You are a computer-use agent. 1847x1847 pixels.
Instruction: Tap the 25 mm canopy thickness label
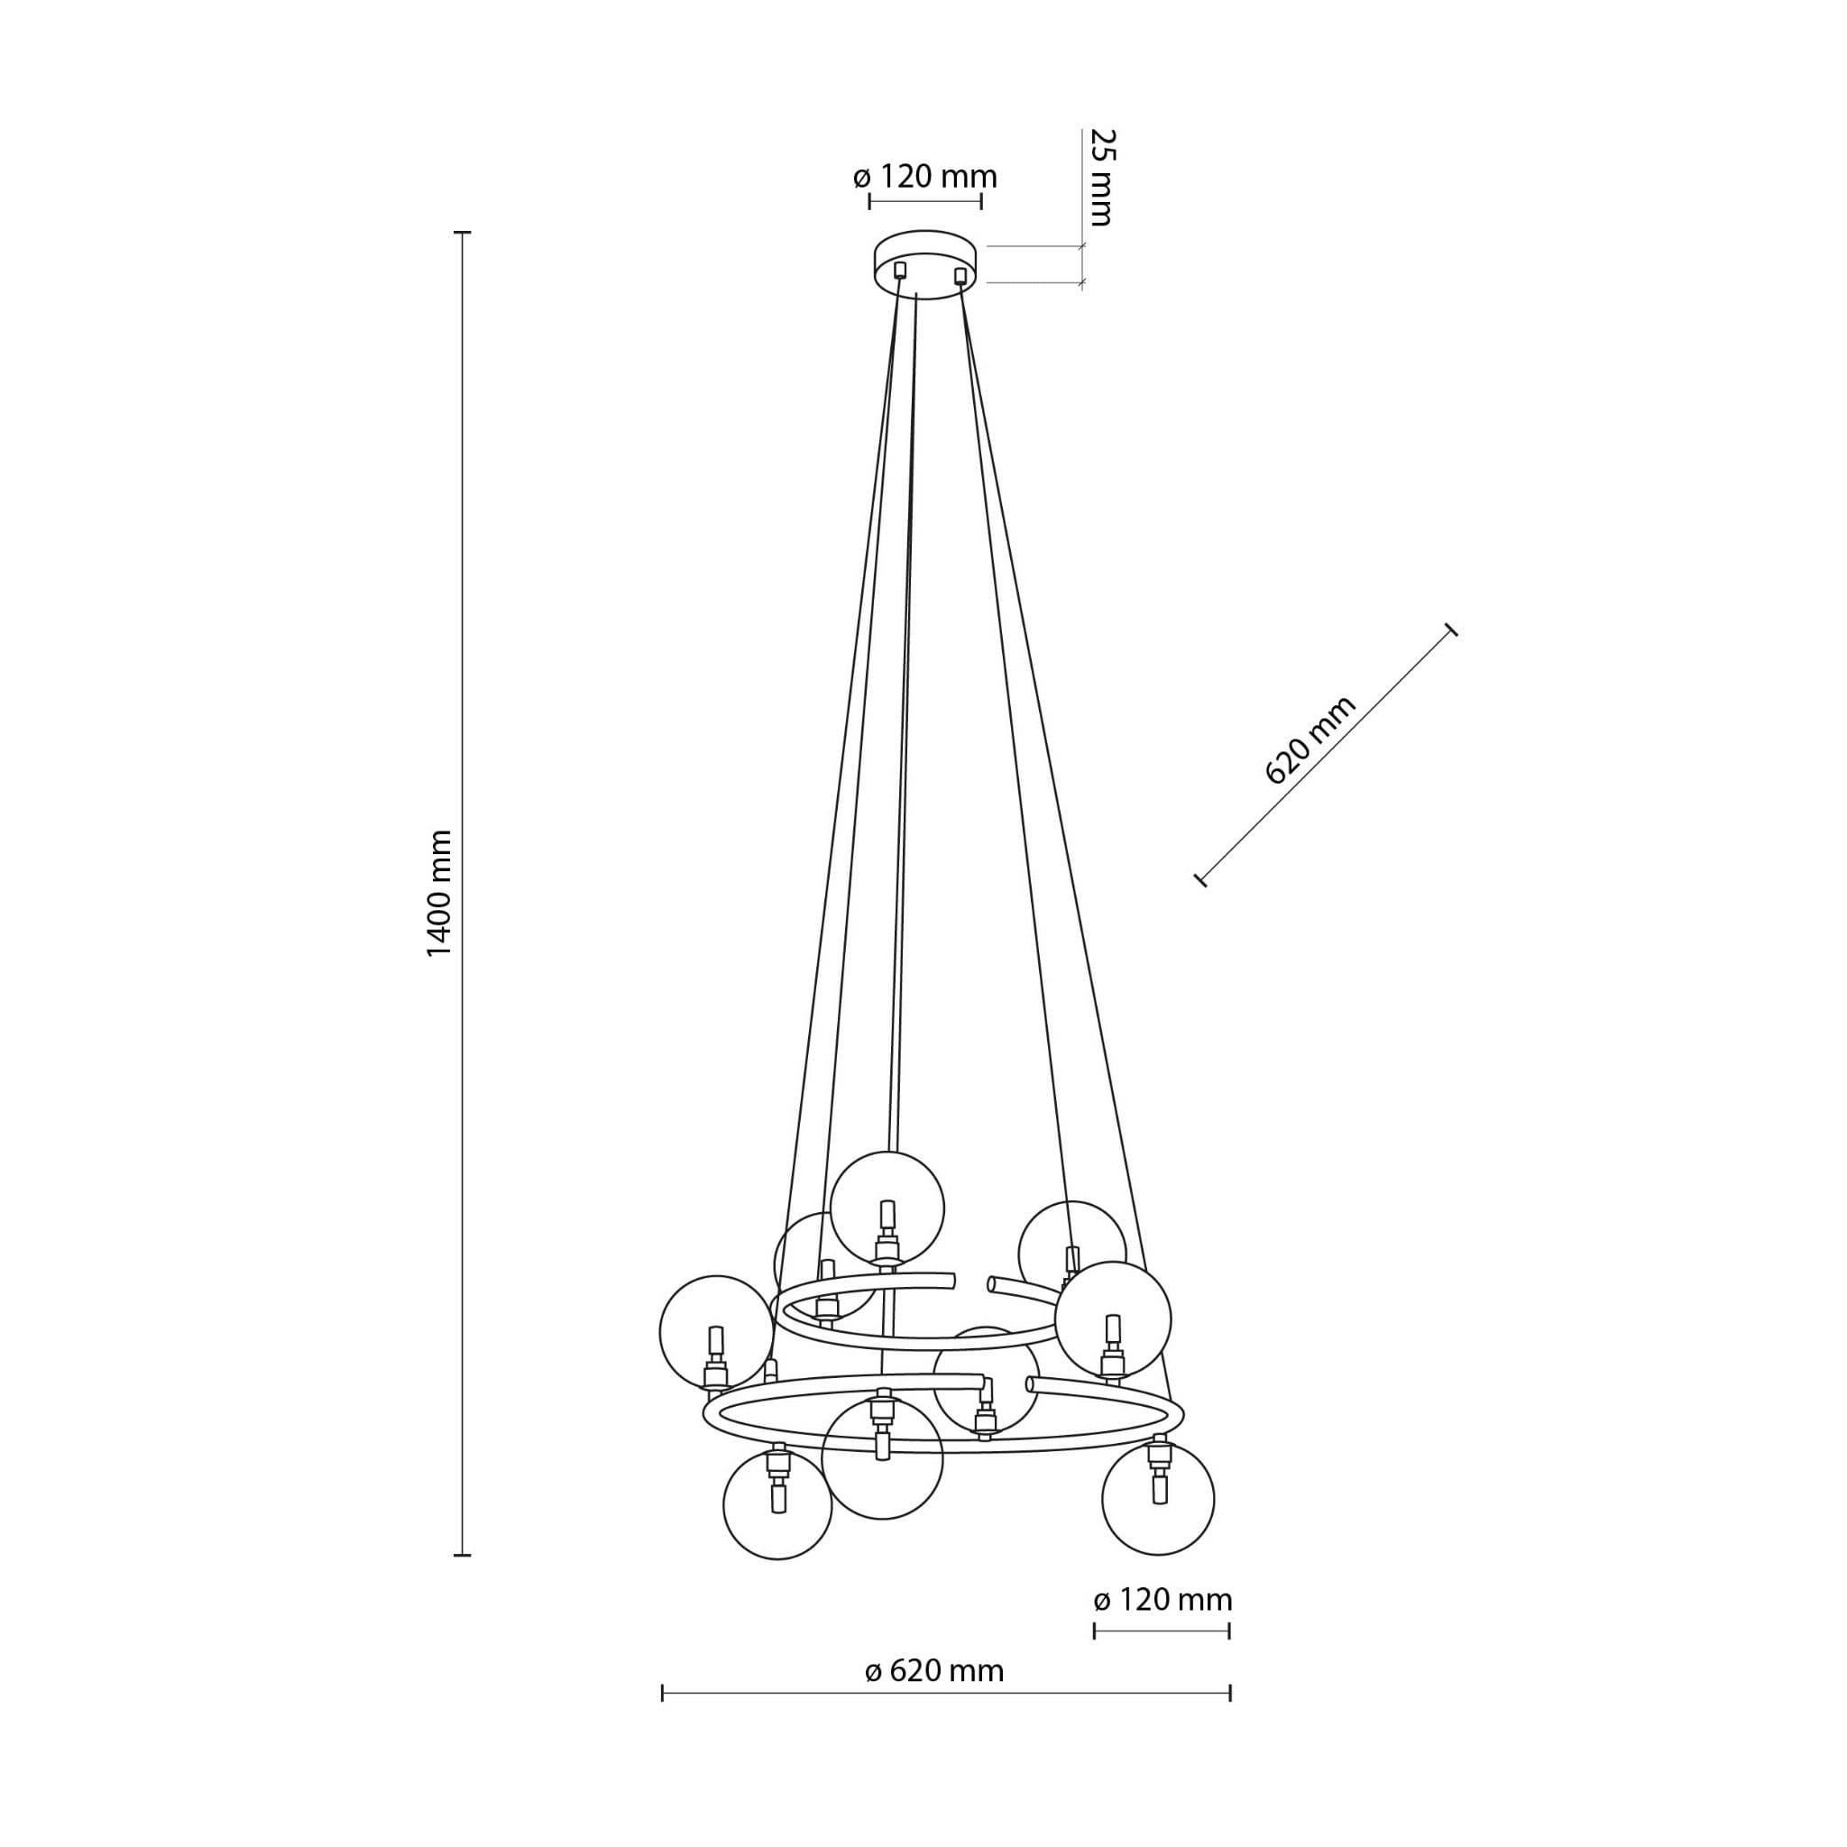tap(1102, 177)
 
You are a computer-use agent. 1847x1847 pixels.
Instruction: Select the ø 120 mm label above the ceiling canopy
tap(924, 177)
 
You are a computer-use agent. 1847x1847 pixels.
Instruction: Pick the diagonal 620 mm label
tap(1309, 740)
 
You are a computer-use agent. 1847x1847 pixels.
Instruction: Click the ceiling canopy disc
tap(927, 264)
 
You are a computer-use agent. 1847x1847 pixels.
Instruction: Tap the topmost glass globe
tap(887, 1208)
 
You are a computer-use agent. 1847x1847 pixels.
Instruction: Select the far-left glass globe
tap(716, 1332)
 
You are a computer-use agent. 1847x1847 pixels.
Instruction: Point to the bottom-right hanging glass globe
tap(1158, 1499)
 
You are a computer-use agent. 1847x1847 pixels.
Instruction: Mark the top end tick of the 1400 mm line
tap(463, 233)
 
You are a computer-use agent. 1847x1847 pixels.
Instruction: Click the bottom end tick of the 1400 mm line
tap(463, 1556)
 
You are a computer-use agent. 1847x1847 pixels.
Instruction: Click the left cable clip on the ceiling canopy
tap(898, 271)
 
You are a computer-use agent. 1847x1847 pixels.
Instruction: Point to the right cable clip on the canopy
tap(960, 276)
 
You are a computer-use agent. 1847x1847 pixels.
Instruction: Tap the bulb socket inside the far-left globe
tap(715, 1358)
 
